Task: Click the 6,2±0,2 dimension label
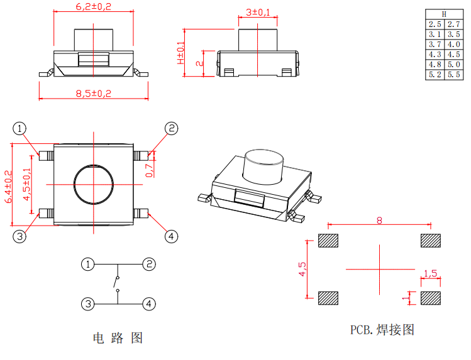(x=93, y=7)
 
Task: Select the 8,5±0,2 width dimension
(x=93, y=93)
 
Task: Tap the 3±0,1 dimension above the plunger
(x=258, y=12)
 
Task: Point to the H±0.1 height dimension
(x=181, y=53)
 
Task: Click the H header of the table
(x=444, y=14)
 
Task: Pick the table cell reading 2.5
(x=435, y=24)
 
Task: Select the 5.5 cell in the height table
(x=453, y=74)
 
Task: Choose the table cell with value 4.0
(x=453, y=44)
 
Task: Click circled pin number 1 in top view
(x=20, y=129)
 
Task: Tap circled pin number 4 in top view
(x=171, y=236)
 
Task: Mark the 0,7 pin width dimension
(x=149, y=170)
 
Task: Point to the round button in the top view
(x=94, y=185)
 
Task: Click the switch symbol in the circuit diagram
(x=116, y=283)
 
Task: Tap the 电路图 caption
(x=118, y=338)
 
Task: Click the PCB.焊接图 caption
(x=382, y=329)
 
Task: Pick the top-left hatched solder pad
(x=328, y=241)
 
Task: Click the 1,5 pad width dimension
(x=431, y=273)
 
